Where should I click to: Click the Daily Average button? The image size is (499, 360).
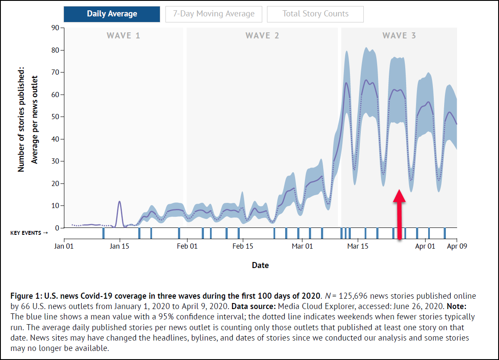click(x=112, y=14)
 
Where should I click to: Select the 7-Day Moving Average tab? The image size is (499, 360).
click(x=213, y=14)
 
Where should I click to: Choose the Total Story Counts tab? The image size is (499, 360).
click(x=315, y=14)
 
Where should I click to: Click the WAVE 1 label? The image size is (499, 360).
click(x=124, y=35)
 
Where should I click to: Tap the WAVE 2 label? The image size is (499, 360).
click(x=262, y=35)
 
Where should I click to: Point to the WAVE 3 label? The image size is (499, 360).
click(x=399, y=35)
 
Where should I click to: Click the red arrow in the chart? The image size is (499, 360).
click(x=399, y=214)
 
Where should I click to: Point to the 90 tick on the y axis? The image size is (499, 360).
click(x=55, y=28)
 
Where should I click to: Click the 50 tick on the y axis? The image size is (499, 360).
click(x=55, y=117)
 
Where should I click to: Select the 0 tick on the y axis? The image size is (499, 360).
click(x=57, y=228)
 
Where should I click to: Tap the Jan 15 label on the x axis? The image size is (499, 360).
click(x=120, y=246)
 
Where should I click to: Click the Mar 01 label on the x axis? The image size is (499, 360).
click(x=302, y=246)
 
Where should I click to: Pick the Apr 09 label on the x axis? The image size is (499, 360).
click(x=457, y=246)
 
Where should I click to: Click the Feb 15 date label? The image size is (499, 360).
click(x=242, y=246)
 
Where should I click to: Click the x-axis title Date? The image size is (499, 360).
click(x=260, y=265)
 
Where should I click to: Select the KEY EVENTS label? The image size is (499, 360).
click(x=29, y=233)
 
